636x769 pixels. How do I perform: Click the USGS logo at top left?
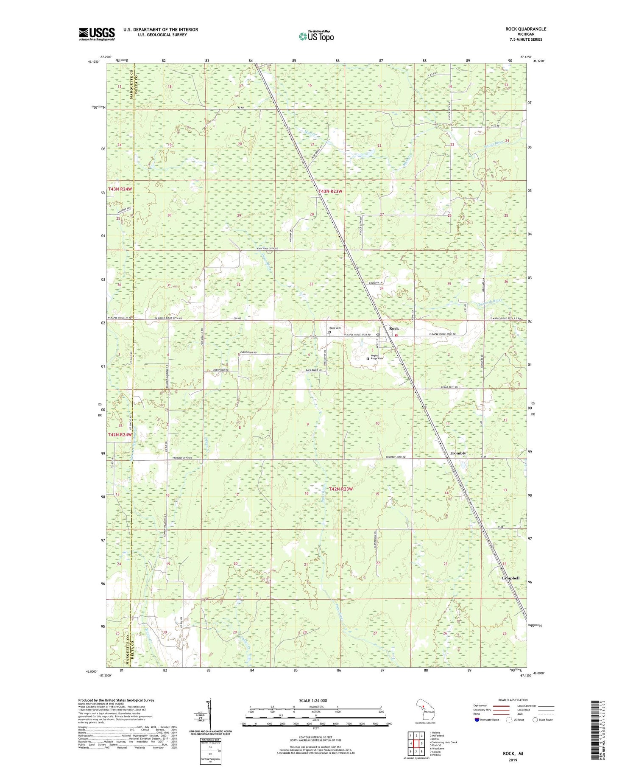tap(97, 34)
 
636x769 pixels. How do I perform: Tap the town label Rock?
tap(394, 329)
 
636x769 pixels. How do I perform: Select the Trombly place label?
tap(457, 453)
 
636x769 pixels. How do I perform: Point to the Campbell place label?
tap(510, 578)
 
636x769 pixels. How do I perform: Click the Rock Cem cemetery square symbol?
tap(329, 333)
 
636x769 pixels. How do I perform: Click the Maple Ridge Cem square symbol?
tap(368, 358)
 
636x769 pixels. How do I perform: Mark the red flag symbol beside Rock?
tap(396, 336)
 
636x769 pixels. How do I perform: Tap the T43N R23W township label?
tap(330, 191)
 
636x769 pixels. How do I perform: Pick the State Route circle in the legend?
tap(536, 719)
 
